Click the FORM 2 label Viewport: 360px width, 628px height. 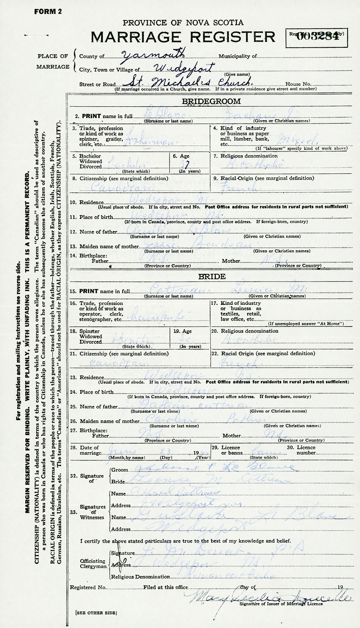point(48,12)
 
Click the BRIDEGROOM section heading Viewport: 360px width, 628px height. point(211,101)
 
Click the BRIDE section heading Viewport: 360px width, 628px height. point(211,277)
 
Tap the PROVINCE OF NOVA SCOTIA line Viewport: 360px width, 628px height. point(183,23)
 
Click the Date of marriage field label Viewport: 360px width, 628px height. point(89,450)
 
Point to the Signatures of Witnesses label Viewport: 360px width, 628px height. point(93,512)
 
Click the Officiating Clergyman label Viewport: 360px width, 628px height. point(93,564)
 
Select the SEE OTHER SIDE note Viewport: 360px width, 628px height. point(96,613)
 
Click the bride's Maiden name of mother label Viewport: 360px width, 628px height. point(107,421)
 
